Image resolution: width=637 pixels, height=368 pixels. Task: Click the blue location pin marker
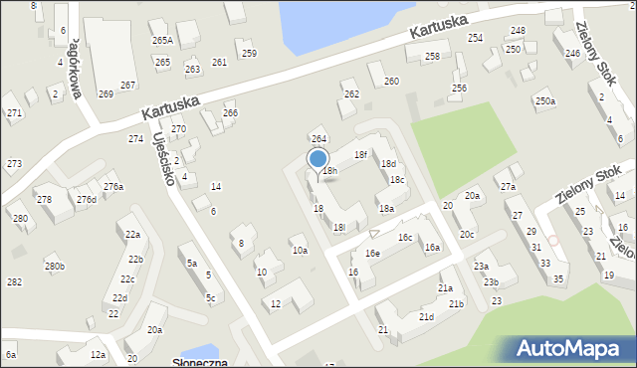point(318,159)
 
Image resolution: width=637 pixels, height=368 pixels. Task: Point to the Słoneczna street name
point(200,364)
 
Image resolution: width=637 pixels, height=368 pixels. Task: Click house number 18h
point(329,171)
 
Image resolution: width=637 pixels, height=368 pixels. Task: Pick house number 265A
point(162,41)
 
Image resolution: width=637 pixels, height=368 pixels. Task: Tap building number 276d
point(87,199)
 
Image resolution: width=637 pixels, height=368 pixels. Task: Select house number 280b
point(54,266)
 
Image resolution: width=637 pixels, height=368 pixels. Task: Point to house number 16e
point(371,254)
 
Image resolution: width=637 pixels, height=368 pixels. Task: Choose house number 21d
point(426,316)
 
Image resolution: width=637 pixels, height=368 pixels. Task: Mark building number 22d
point(119,297)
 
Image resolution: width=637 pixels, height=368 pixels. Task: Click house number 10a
point(300,251)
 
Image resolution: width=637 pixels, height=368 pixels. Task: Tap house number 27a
point(509,187)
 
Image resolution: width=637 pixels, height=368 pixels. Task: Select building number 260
point(391,81)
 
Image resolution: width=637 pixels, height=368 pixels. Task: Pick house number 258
point(431,56)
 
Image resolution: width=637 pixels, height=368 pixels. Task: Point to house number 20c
point(467,234)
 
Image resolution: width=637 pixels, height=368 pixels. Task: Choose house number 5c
point(210,297)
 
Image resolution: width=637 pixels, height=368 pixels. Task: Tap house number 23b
point(491,281)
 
